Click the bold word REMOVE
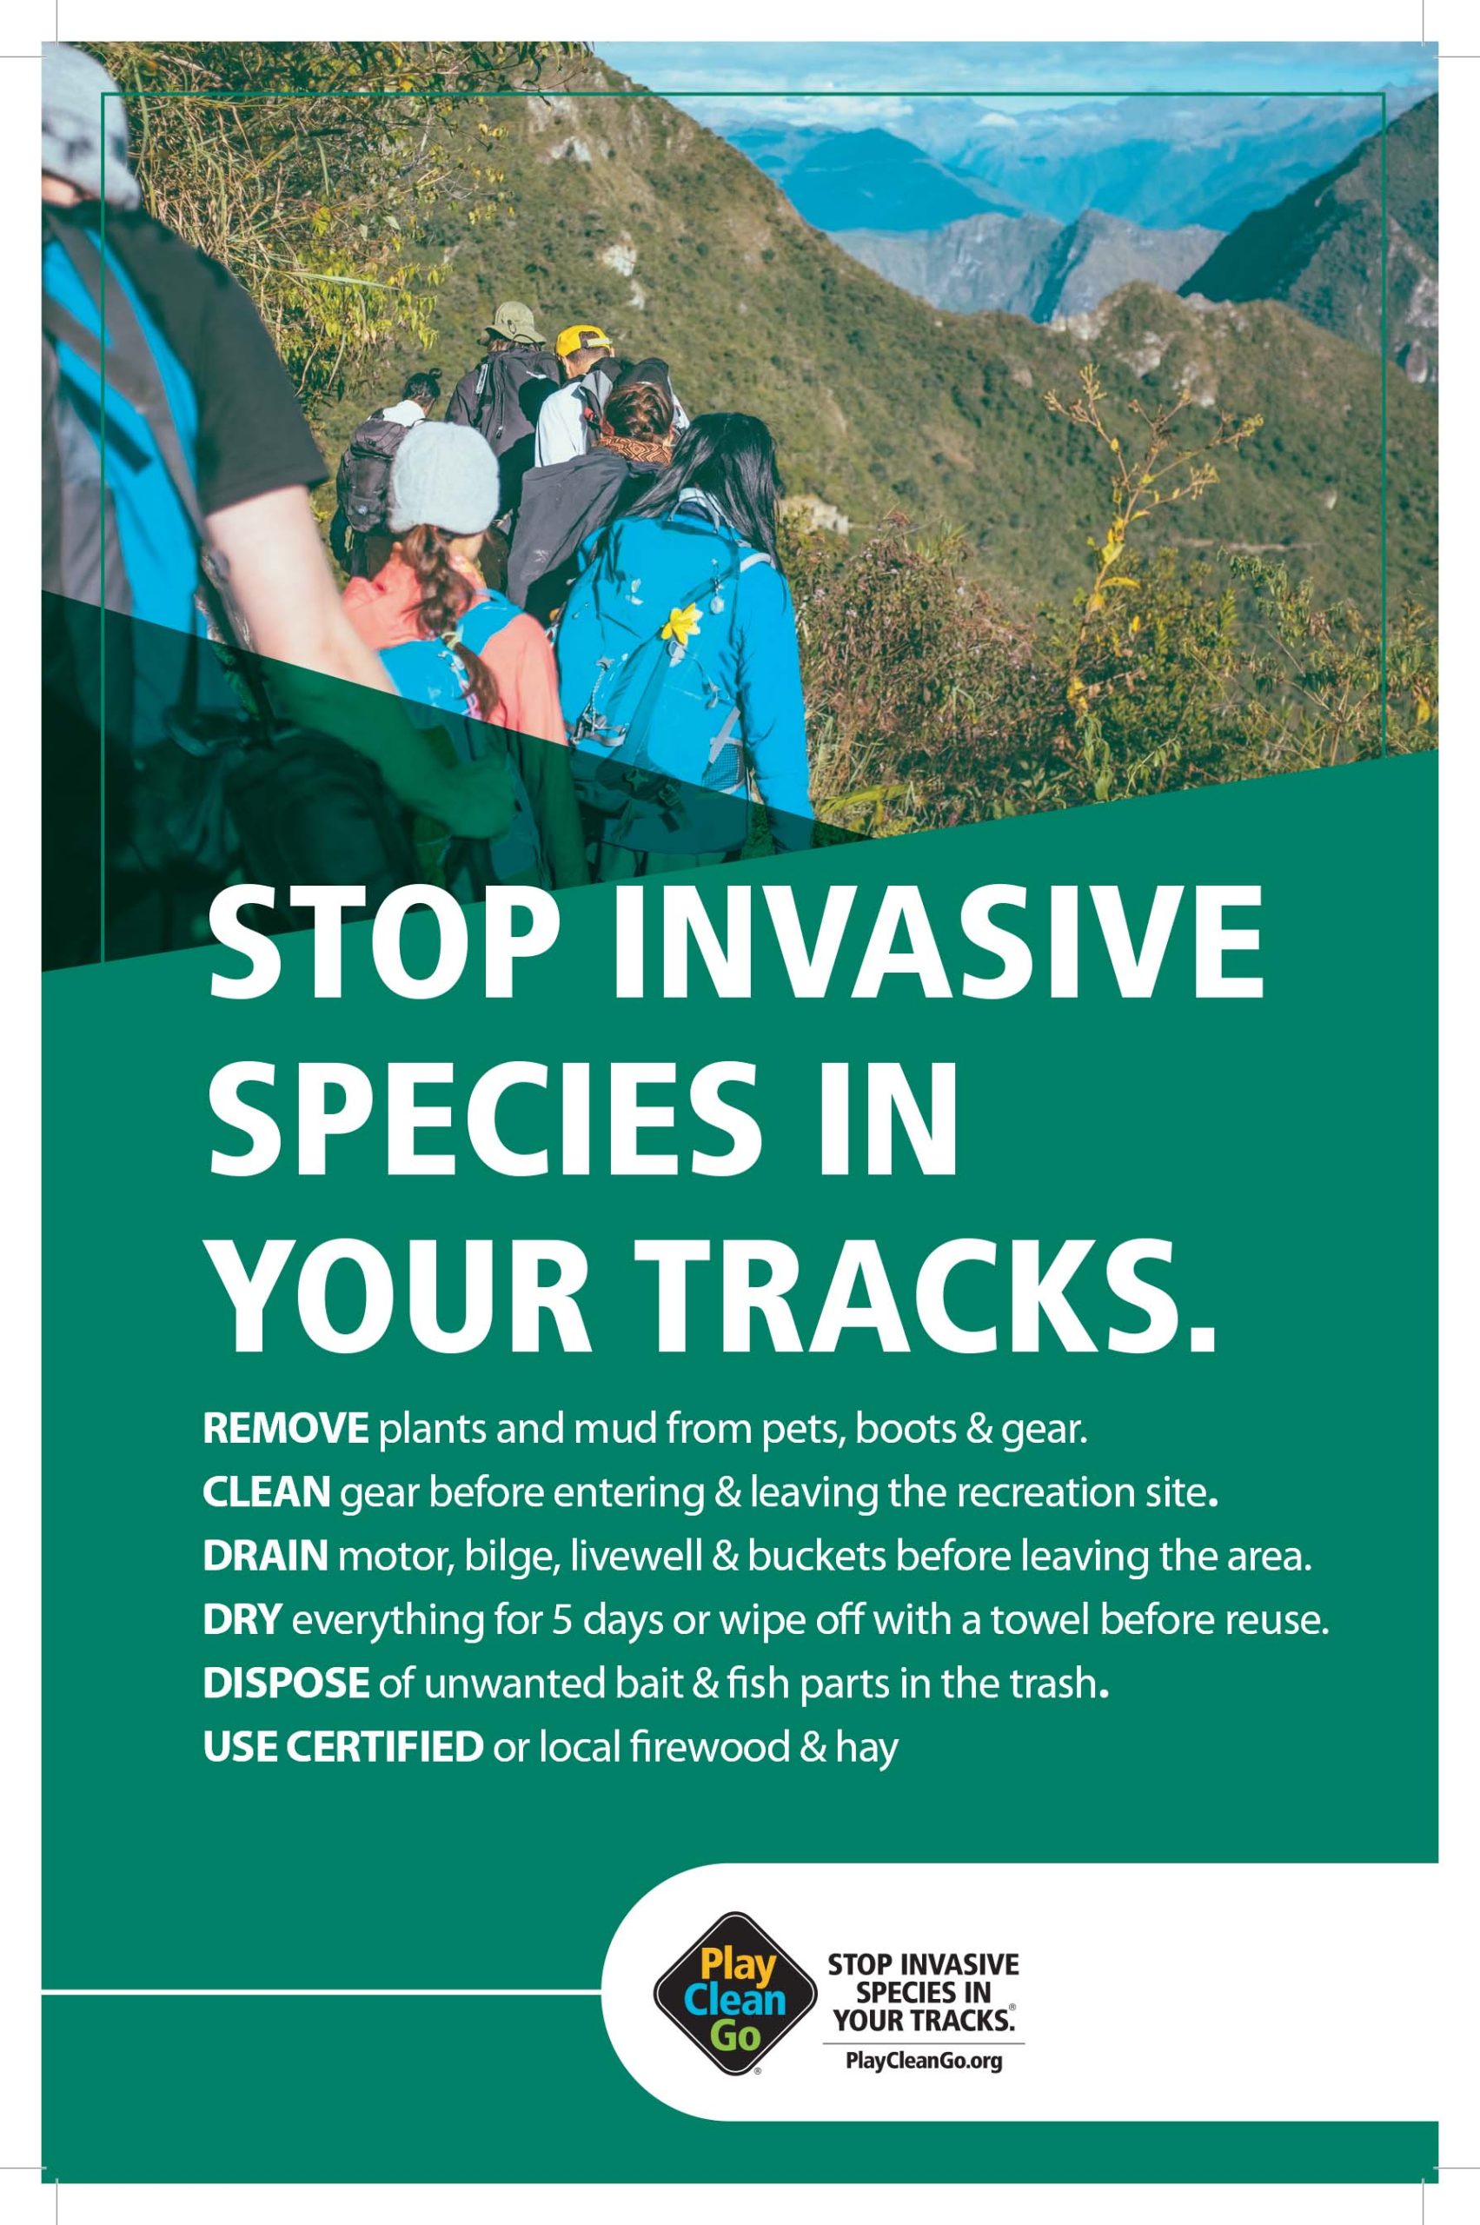tap(285, 1429)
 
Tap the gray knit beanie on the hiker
tap(443, 476)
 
